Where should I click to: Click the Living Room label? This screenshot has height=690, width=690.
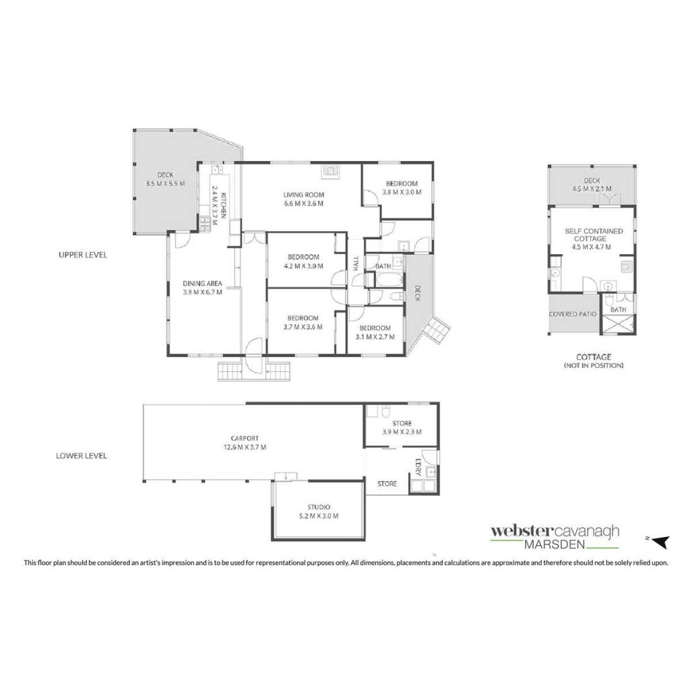click(304, 195)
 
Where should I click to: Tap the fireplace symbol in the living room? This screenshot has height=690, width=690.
click(330, 170)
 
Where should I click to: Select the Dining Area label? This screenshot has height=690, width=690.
click(202, 284)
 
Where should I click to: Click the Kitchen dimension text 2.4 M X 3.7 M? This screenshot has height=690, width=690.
click(215, 206)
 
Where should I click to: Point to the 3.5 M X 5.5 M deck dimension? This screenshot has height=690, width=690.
click(166, 183)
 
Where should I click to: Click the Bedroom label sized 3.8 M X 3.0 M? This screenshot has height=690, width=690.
click(402, 183)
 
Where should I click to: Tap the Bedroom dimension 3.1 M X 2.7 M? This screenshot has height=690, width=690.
click(375, 337)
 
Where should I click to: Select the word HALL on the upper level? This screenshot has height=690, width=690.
click(356, 263)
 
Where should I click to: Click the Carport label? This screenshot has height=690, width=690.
click(245, 438)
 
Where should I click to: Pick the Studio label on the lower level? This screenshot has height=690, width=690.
click(319, 507)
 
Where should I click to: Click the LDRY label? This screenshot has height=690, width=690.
click(418, 468)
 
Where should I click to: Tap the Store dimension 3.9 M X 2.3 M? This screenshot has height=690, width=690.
click(402, 432)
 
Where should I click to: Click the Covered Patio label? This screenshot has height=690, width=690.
click(573, 314)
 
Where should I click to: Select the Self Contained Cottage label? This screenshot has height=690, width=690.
click(594, 234)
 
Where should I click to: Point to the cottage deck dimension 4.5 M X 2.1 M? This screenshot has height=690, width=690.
click(592, 189)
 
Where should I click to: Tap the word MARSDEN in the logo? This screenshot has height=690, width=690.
click(555, 544)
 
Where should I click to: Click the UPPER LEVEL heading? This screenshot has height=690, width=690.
click(83, 255)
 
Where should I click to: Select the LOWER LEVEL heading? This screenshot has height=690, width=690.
click(82, 456)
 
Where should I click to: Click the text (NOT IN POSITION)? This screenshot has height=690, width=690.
click(594, 365)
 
